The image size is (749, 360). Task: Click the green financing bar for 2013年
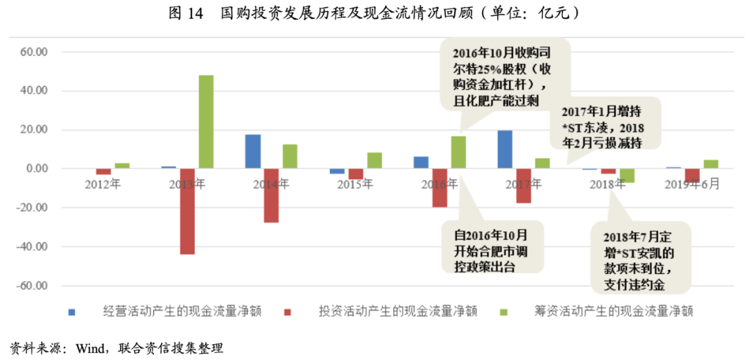click(206, 121)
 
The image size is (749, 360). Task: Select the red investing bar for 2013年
click(187, 211)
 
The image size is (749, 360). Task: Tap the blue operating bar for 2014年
click(253, 151)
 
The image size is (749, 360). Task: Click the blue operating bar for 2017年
click(505, 149)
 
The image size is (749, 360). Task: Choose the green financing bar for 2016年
click(458, 152)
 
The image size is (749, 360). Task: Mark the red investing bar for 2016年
click(440, 187)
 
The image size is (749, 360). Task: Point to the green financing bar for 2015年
click(374, 160)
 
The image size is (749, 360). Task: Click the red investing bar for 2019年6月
click(691, 175)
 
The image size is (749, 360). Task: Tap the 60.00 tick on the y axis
click(33, 52)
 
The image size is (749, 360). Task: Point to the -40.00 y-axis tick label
click(32, 247)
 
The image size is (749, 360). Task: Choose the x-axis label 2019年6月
click(691, 185)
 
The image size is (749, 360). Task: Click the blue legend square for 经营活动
click(71, 311)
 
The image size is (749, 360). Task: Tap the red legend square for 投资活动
click(286, 311)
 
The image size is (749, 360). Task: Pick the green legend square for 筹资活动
click(502, 311)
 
